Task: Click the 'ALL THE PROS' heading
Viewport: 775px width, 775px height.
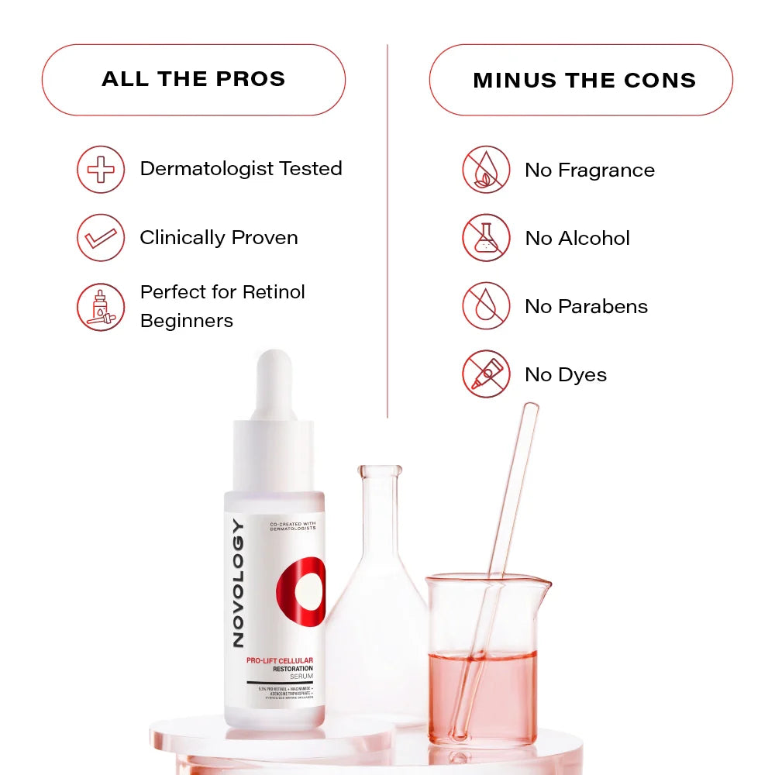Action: point(193,79)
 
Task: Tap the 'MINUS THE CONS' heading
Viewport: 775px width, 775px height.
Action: point(584,81)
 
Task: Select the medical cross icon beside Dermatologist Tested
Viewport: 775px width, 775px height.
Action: point(101,169)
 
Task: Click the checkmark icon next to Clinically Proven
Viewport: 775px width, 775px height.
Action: point(101,237)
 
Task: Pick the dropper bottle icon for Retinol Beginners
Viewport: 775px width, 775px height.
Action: point(101,307)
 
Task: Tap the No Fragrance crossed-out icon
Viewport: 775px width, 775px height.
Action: point(486,170)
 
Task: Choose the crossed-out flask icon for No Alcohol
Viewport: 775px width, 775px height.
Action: point(486,238)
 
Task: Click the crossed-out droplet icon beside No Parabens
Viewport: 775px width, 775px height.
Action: point(486,306)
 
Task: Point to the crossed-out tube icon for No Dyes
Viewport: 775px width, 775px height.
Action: point(486,374)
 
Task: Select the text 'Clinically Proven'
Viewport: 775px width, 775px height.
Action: point(219,237)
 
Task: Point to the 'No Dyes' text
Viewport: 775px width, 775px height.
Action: point(565,374)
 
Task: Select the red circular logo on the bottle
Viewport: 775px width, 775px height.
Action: point(301,591)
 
